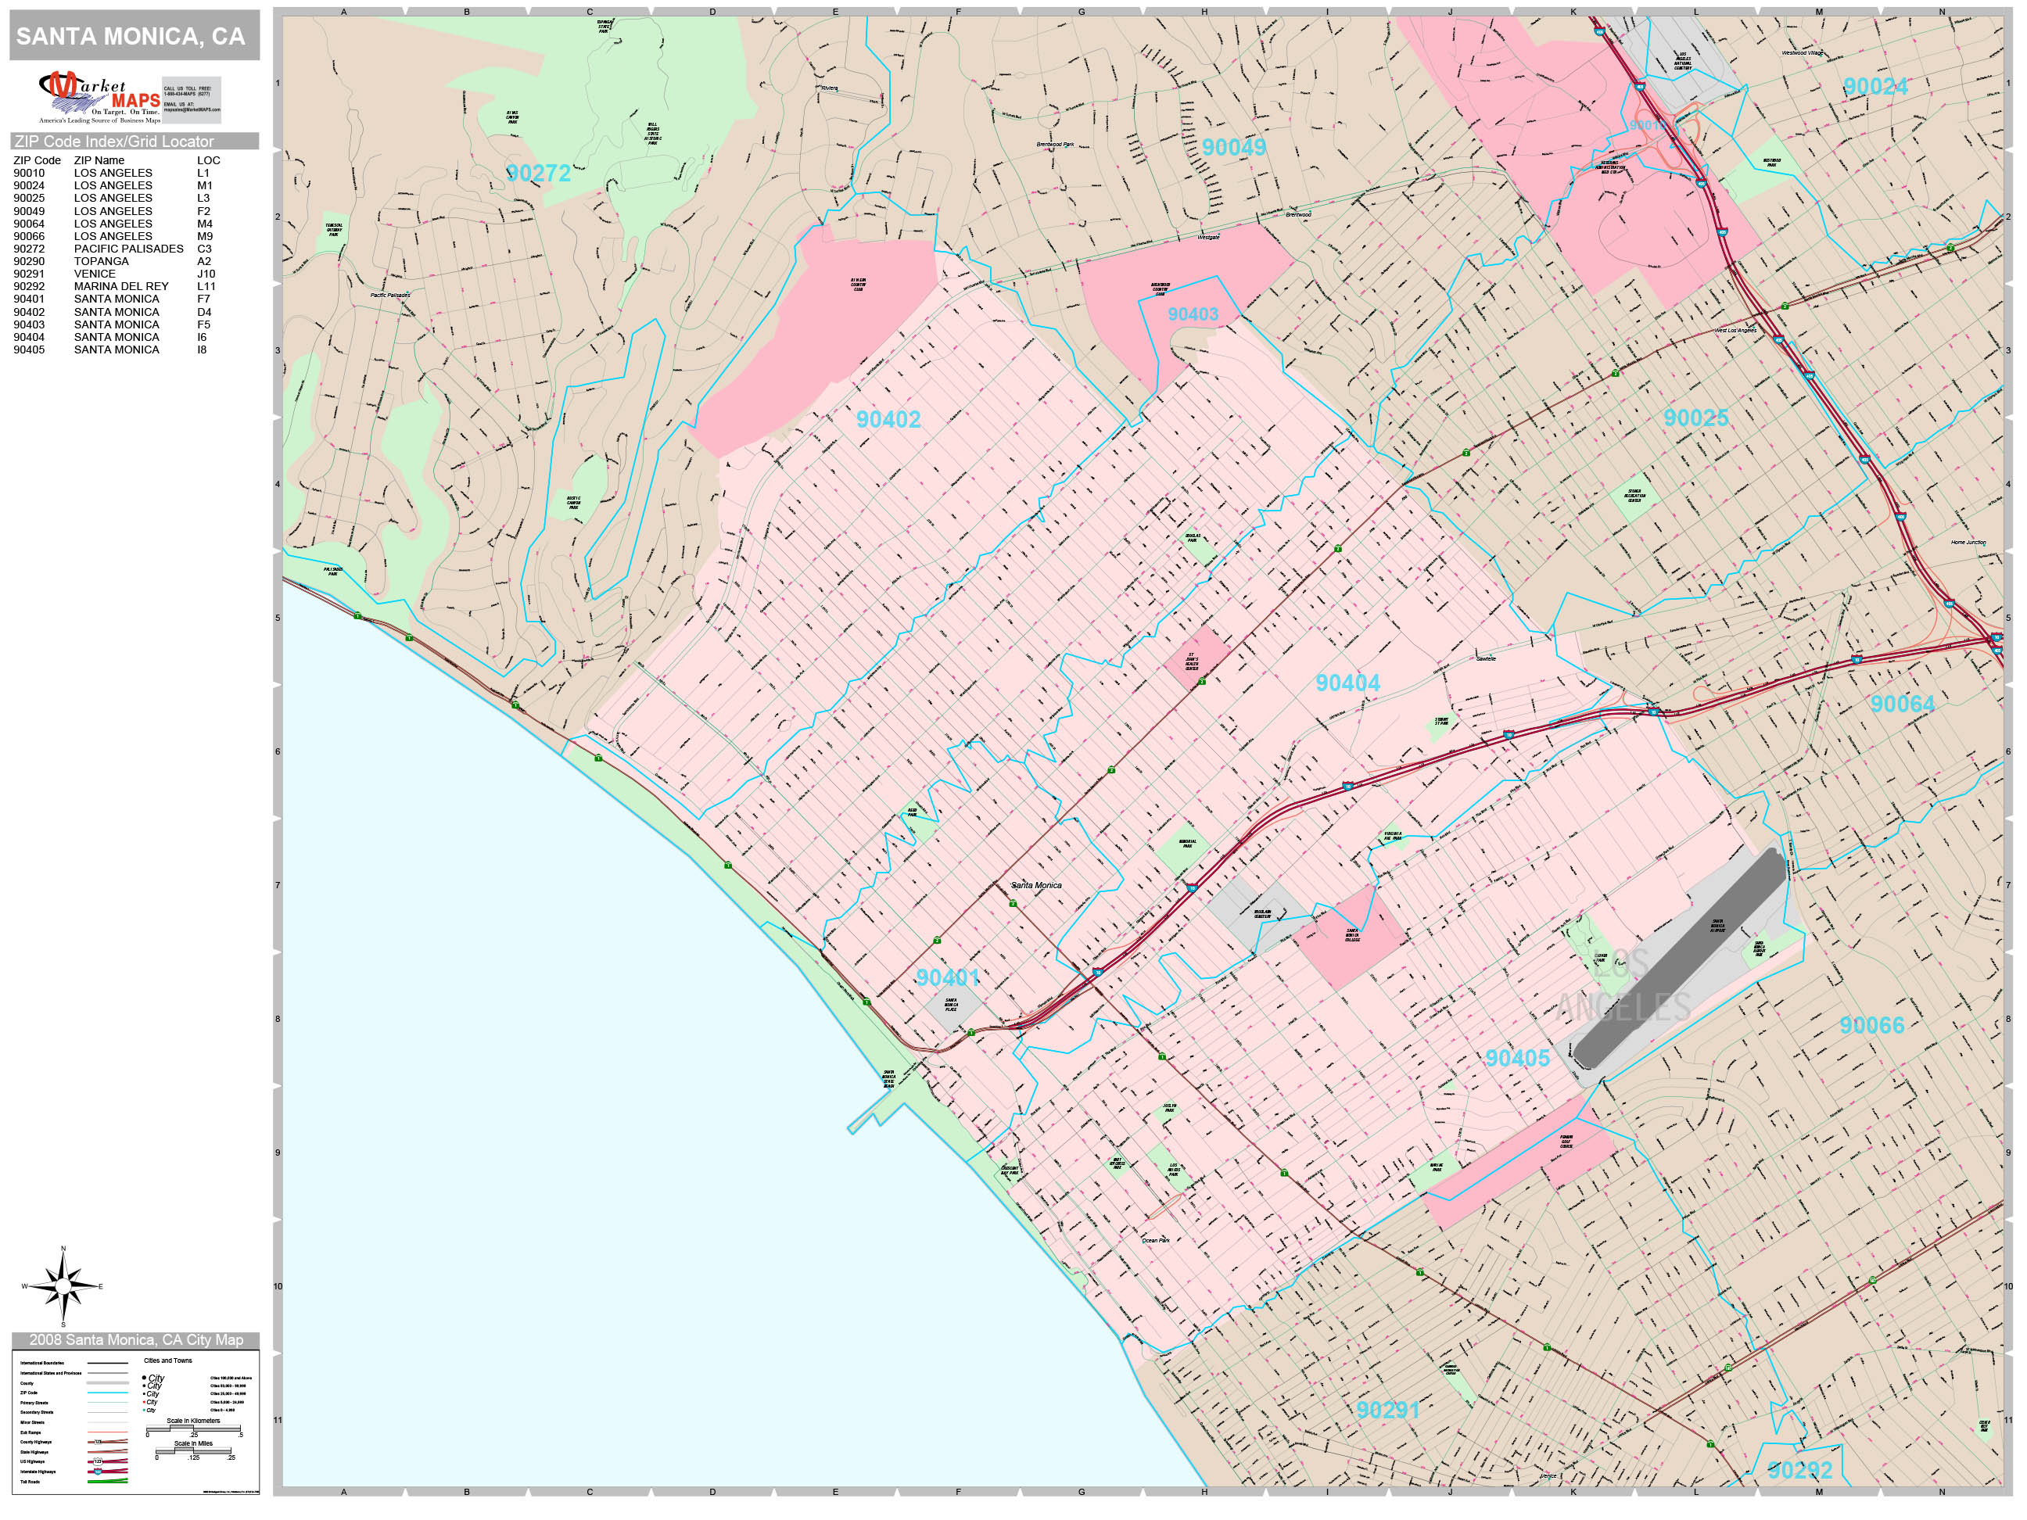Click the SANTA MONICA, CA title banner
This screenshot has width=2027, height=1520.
134,37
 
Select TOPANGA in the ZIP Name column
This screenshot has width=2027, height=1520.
101,261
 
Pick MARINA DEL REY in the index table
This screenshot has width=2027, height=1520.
121,286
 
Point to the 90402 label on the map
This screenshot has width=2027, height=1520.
888,420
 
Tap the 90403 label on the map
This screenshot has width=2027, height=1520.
1192,314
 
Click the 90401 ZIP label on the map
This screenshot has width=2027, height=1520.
948,977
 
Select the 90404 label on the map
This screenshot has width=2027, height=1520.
1347,683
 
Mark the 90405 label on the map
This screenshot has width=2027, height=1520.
1516,1058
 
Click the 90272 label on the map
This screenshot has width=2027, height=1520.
539,173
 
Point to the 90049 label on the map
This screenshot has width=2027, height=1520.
1233,148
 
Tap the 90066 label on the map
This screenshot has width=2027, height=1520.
1871,1025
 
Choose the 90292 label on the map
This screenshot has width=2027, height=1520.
1799,1471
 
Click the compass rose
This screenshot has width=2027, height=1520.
63,1286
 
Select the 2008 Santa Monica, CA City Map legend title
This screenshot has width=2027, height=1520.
135,1339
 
